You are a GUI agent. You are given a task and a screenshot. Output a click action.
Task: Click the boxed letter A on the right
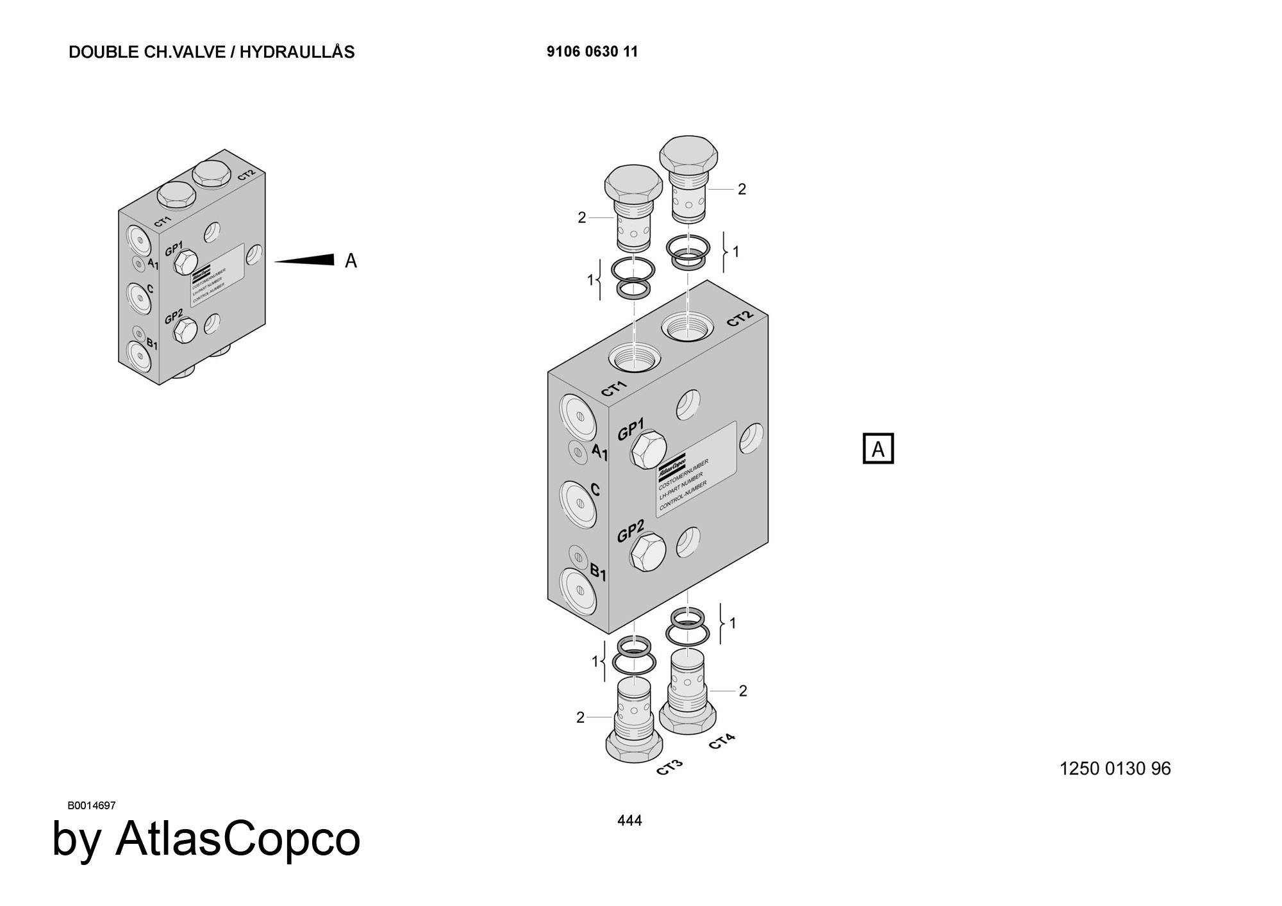coord(878,449)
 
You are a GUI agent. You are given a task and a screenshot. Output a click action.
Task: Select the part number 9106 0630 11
coord(592,52)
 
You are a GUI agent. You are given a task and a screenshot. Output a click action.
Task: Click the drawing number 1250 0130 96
coord(1115,768)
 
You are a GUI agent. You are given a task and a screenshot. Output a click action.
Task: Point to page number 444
coord(629,820)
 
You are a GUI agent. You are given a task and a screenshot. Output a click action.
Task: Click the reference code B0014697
coord(91,805)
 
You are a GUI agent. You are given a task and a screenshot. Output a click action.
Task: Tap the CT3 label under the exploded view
coord(670,767)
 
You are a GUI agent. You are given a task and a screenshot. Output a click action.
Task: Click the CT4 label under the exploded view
coord(722,742)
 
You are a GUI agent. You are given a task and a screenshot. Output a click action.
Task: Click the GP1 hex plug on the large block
coord(648,448)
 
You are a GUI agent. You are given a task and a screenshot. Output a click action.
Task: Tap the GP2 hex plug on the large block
coord(648,552)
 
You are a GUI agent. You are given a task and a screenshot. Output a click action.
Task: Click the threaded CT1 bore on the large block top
coord(633,356)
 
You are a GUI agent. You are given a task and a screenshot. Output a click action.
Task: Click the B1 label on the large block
coord(597,572)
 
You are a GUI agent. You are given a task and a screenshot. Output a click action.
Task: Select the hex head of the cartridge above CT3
coord(634,746)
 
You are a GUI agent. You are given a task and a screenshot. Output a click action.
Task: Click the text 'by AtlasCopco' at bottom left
coord(206,839)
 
